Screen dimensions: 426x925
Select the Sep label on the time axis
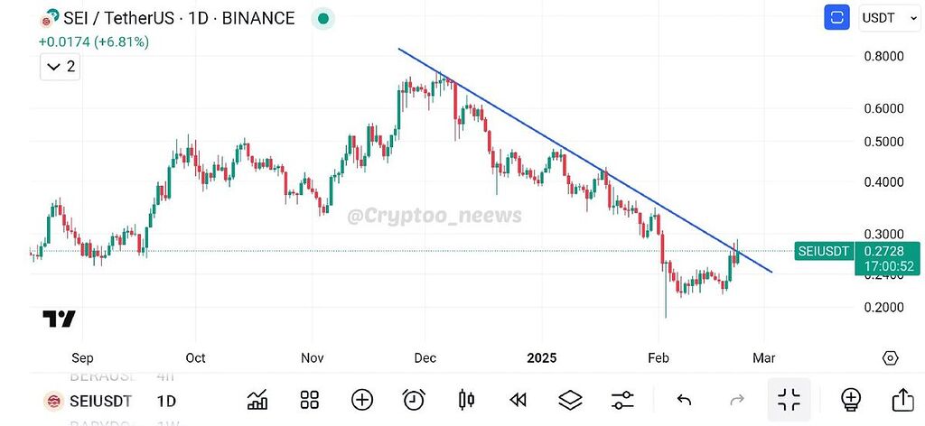tap(82, 357)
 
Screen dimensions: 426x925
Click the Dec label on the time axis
tap(425, 357)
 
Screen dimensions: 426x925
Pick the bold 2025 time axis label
tap(543, 357)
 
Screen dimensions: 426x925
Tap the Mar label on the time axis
tap(764, 357)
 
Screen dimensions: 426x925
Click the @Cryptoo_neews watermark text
tap(434, 215)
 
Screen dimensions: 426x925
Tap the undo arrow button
tap(685, 400)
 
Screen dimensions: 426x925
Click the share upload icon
tap(902, 400)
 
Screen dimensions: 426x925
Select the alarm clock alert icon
tap(414, 400)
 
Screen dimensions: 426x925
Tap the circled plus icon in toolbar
tap(362, 400)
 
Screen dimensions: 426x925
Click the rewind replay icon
tap(518, 400)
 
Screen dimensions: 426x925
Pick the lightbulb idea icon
tap(850, 400)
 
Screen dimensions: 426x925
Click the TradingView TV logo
tap(59, 319)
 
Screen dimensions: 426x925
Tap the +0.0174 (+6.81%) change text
tap(93, 42)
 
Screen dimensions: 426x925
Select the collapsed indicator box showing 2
tap(61, 67)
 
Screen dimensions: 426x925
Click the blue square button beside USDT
tap(836, 17)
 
